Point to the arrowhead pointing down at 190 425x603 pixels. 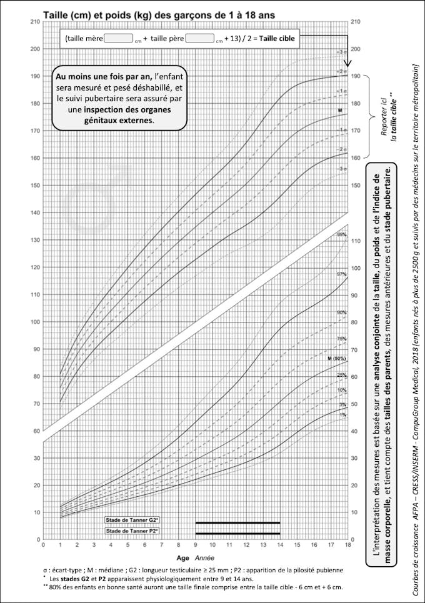[348, 63]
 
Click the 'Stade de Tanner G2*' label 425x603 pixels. [131, 520]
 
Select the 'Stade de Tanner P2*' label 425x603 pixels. [131, 531]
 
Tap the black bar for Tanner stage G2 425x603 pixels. [237, 522]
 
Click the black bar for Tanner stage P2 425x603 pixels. [237, 533]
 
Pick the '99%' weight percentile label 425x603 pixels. [341, 235]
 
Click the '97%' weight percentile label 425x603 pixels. [341, 275]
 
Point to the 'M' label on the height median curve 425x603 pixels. [341, 111]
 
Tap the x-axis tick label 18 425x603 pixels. [347, 545]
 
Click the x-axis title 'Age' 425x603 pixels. [182, 557]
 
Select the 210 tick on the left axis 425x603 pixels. [35, 22]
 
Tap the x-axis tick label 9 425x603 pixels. [195, 545]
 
